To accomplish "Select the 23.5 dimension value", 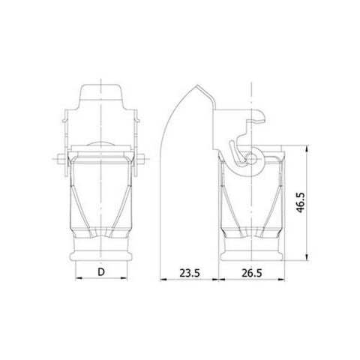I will coord(187,274).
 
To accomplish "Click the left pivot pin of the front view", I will coord(60,158).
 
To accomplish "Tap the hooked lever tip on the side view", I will coord(259,115).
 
